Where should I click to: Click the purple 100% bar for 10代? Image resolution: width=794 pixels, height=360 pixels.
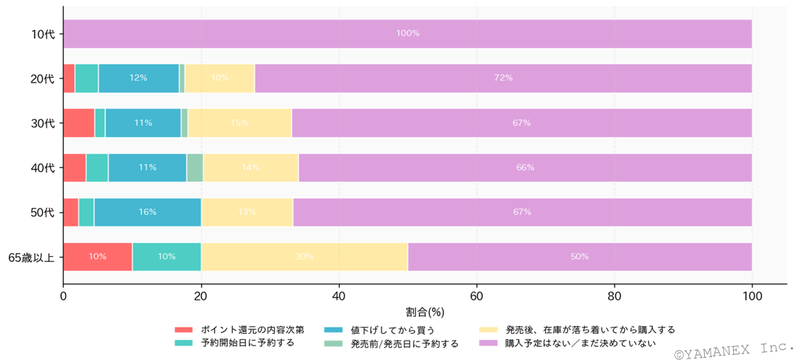click(x=407, y=33)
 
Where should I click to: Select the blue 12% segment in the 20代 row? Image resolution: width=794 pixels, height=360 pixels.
click(x=139, y=78)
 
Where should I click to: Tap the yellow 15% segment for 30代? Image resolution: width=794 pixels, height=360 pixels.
click(x=240, y=123)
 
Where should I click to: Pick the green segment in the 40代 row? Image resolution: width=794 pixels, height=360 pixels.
click(x=195, y=168)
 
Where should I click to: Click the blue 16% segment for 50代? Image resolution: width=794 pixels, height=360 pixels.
click(x=147, y=212)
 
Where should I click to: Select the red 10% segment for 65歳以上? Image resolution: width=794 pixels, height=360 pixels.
click(x=97, y=257)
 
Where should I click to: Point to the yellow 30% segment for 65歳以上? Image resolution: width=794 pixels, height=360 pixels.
click(x=304, y=257)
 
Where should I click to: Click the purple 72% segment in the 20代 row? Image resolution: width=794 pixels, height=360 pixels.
click(x=503, y=78)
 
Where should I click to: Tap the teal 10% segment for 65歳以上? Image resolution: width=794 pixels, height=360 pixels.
click(x=167, y=257)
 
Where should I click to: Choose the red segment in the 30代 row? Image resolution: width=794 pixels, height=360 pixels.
click(x=78, y=123)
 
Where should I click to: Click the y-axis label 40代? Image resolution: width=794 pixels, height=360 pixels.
click(x=44, y=168)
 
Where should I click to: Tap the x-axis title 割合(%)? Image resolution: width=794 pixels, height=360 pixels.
click(x=425, y=312)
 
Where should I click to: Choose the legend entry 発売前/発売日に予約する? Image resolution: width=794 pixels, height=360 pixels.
click(x=404, y=343)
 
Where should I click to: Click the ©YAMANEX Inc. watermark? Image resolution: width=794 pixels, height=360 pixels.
click(x=732, y=351)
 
